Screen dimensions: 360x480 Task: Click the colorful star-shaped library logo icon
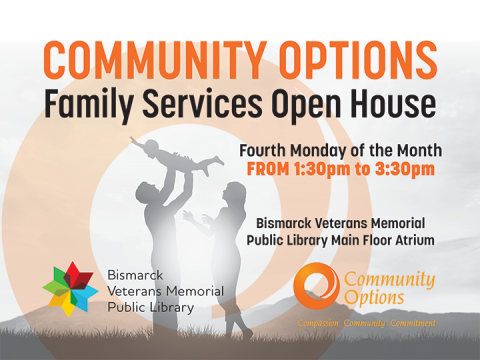point(69,287)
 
